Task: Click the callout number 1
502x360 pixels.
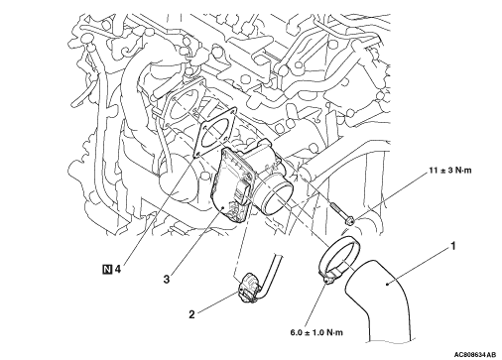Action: pyautogui.click(x=452, y=246)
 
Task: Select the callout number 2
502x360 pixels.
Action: pyautogui.click(x=191, y=314)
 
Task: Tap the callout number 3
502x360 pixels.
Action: pyautogui.click(x=167, y=280)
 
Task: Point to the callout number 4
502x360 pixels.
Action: pyautogui.click(x=117, y=270)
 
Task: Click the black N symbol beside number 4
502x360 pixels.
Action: pyautogui.click(x=107, y=270)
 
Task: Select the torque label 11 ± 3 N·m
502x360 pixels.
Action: pyautogui.click(x=450, y=171)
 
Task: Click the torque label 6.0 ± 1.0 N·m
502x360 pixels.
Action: pyautogui.click(x=316, y=332)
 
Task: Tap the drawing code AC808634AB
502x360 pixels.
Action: pyautogui.click(x=475, y=355)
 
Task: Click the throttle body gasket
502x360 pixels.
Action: pyautogui.click(x=215, y=132)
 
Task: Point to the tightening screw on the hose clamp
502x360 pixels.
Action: pyautogui.click(x=328, y=279)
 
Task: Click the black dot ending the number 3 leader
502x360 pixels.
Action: pyautogui.click(x=223, y=207)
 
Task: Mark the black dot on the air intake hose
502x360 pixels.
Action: pyautogui.click(x=387, y=283)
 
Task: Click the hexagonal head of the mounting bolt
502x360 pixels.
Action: pyautogui.click(x=350, y=220)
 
